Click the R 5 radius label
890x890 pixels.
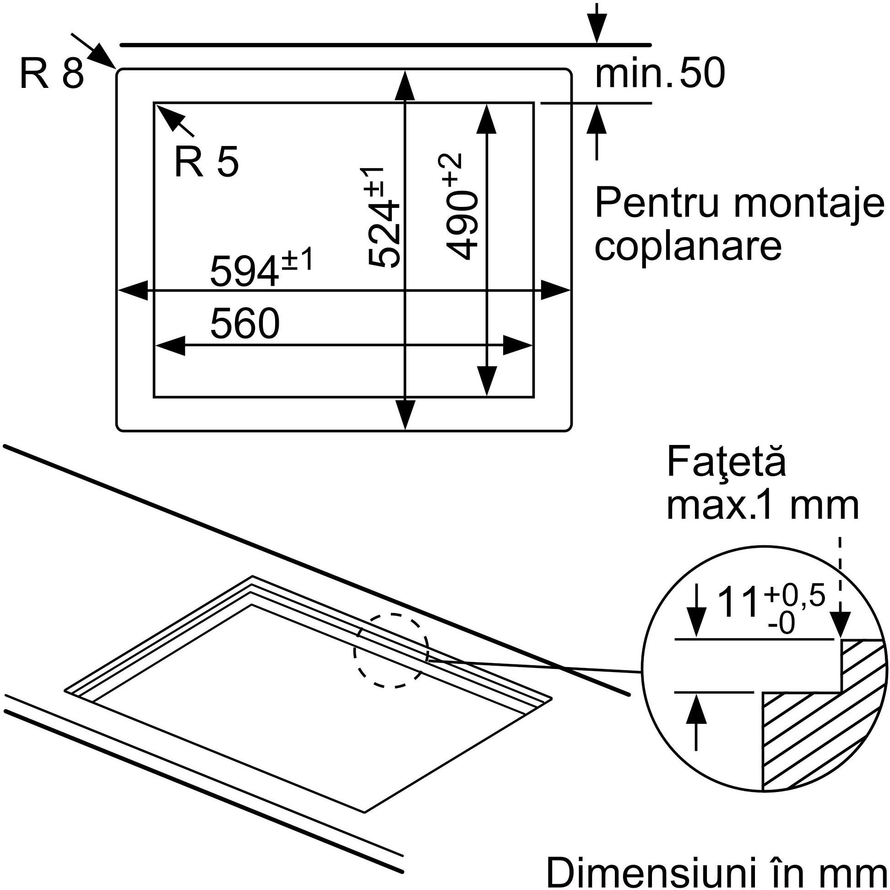point(206,162)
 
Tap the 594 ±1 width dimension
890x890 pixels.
point(261,267)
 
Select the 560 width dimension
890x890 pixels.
point(244,323)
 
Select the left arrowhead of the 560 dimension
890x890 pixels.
point(169,345)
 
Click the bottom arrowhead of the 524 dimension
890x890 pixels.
point(405,415)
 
